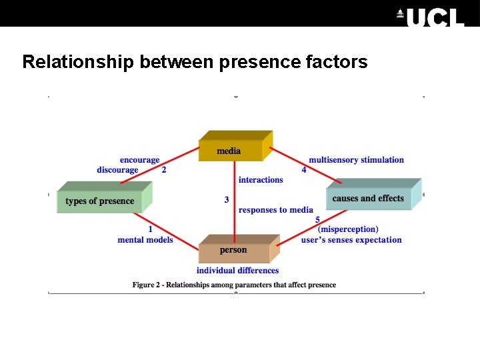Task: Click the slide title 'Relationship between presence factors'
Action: pos(195,62)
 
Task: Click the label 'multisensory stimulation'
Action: pos(356,160)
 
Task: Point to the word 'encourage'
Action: pos(139,160)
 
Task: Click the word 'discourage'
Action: pos(117,170)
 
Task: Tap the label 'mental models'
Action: pos(145,240)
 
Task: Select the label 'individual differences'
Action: pos(237,271)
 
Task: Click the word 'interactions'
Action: pos(261,180)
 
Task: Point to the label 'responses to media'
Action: pos(275,210)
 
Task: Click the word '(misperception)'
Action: pos(348,229)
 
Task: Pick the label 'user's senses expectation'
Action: pos(351,240)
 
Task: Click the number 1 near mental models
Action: pos(151,229)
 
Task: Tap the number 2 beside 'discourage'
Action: pos(164,170)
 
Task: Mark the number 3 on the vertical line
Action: pos(227,199)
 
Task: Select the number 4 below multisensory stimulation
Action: pos(304,170)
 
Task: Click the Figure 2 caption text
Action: pos(234,285)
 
